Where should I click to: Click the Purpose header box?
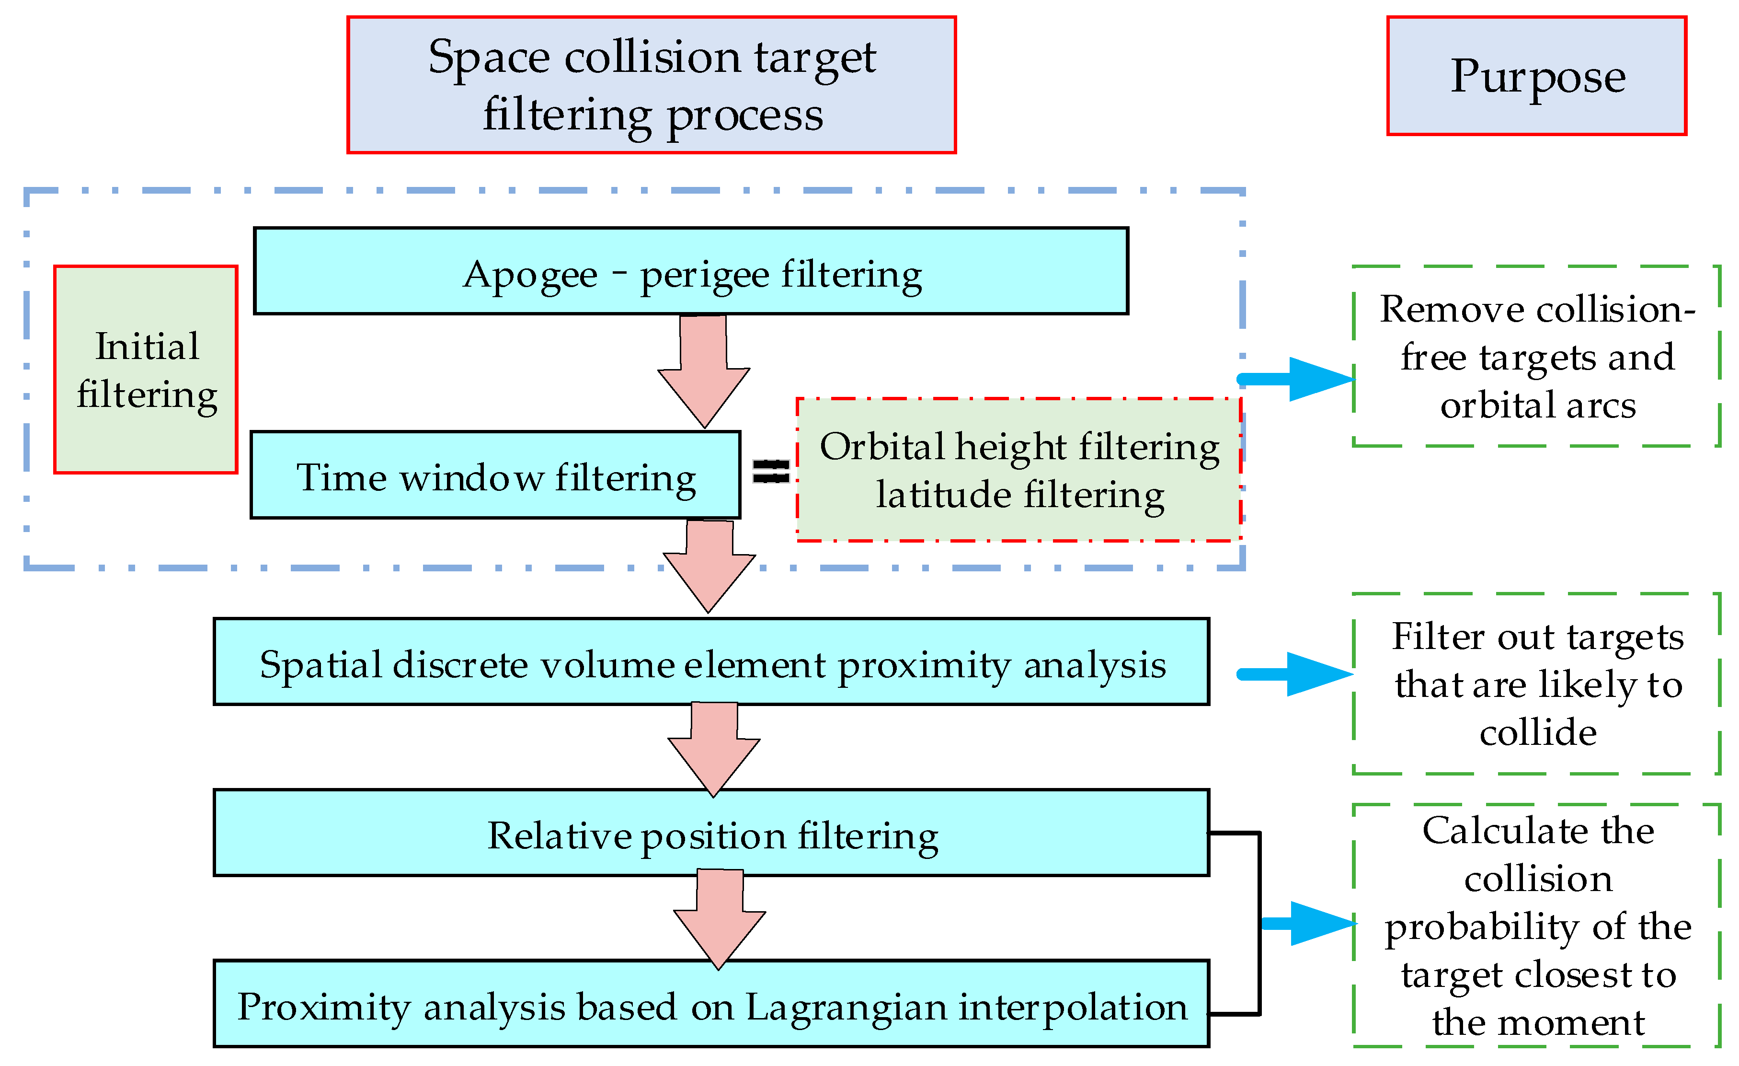coord(1536,76)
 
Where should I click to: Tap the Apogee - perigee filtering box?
coord(690,271)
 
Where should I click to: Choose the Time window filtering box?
coord(495,475)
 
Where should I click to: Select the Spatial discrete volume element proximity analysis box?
coord(711,661)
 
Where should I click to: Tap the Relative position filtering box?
coord(711,833)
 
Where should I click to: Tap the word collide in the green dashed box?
coord(1537,732)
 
